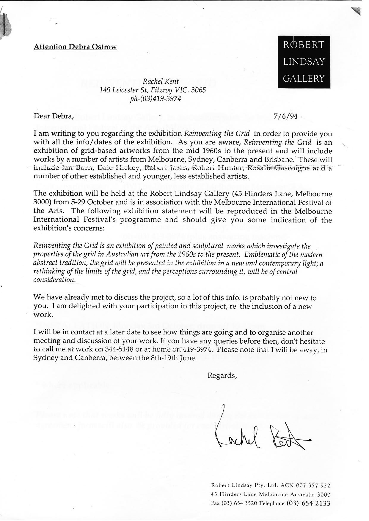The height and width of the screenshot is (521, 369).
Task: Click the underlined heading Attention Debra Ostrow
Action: (75, 47)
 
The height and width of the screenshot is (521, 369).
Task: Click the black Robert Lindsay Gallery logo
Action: (303, 62)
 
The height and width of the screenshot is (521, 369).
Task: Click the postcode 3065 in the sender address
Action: (198, 90)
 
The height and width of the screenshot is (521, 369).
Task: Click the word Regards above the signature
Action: (222, 375)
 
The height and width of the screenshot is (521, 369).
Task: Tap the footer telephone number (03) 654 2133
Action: (308, 503)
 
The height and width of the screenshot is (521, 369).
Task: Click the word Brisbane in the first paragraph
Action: (276, 160)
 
